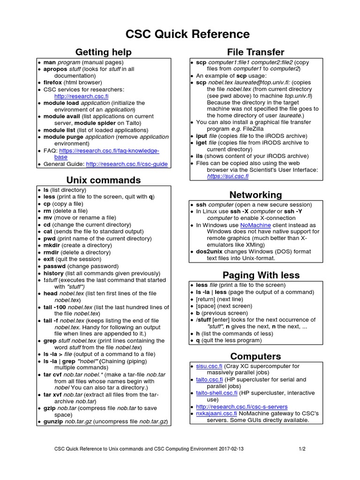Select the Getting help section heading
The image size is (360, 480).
[x=104, y=52]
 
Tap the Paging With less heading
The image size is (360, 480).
[x=261, y=275]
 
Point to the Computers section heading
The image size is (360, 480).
[x=255, y=356]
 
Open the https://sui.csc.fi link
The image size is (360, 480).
[x=228, y=176]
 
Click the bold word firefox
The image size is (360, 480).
[x=52, y=82]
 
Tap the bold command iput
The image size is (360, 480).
[x=202, y=135]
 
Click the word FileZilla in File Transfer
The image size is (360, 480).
[x=253, y=128]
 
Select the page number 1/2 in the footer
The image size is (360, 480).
[x=302, y=449]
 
